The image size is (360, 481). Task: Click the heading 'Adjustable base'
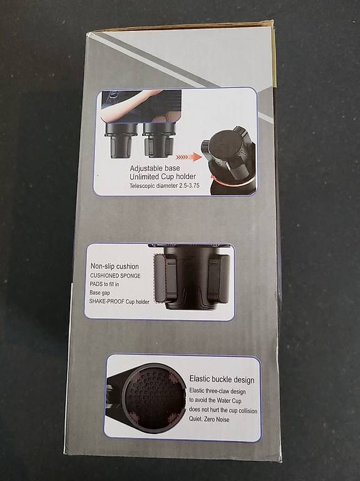(x=155, y=168)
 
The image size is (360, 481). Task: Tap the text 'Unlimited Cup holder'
(x=163, y=177)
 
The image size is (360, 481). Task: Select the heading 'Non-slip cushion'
(x=115, y=266)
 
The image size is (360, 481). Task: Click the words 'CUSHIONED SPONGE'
(x=115, y=276)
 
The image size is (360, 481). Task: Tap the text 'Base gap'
(x=100, y=292)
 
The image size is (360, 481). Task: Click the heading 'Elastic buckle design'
(x=222, y=380)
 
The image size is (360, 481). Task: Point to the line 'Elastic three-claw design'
(x=217, y=391)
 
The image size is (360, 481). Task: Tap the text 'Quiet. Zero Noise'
(x=209, y=419)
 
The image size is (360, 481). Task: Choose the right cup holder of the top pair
(x=158, y=140)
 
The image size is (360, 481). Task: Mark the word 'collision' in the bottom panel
(x=248, y=410)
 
